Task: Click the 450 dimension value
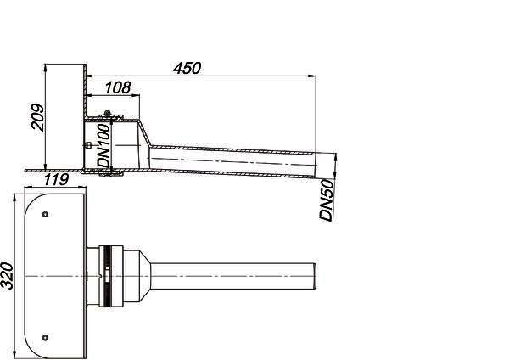pyautogui.click(x=187, y=68)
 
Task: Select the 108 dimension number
pyautogui.click(x=118, y=87)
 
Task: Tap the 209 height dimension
pyautogui.click(x=37, y=117)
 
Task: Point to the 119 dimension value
pyautogui.click(x=56, y=179)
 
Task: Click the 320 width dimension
pyautogui.click(x=7, y=276)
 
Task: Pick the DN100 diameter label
pyautogui.click(x=104, y=145)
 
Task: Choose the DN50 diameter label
pyautogui.click(x=327, y=200)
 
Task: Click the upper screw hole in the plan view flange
pyautogui.click(x=46, y=214)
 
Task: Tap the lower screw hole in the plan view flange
pyautogui.click(x=46, y=338)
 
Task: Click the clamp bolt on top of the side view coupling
pyautogui.click(x=107, y=114)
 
